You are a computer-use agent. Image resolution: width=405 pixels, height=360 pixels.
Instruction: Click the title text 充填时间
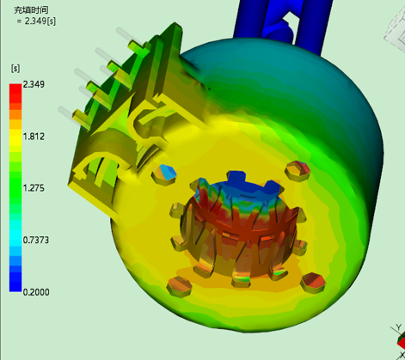coord(31,10)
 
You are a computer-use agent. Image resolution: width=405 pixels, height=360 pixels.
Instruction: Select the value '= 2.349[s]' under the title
coord(36,21)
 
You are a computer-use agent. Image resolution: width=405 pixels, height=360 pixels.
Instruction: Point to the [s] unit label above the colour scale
coord(15,69)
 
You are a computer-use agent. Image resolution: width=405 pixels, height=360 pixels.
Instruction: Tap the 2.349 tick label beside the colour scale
coord(34,84)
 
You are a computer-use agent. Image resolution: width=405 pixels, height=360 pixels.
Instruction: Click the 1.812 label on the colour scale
coord(34,137)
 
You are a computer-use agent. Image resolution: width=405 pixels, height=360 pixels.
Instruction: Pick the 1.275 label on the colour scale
coord(34,188)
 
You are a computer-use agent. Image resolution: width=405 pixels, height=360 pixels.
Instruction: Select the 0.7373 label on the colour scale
coord(36,240)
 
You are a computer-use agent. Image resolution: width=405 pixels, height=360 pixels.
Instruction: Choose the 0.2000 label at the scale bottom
coord(36,292)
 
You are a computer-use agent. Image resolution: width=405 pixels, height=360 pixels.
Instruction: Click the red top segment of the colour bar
coord(15,93)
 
